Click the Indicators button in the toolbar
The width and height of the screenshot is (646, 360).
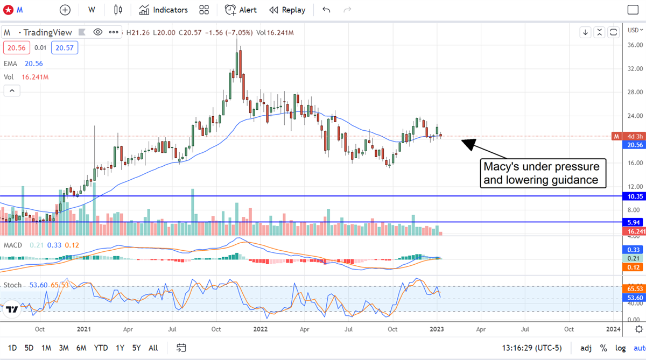tap(163, 10)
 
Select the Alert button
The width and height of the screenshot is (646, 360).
tap(241, 10)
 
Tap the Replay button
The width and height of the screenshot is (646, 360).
tap(287, 10)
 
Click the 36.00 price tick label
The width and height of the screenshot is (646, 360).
tap(635, 45)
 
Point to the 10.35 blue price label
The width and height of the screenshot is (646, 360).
tap(635, 196)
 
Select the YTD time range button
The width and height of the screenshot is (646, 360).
tap(101, 348)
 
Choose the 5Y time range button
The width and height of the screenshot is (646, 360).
tap(137, 348)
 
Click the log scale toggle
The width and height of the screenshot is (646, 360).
tap(621, 348)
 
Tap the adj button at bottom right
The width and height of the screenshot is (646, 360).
tap(586, 348)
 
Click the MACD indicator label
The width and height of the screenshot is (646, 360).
tap(13, 245)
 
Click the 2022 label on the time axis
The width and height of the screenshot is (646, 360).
tap(261, 328)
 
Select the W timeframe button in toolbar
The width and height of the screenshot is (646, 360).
tap(92, 10)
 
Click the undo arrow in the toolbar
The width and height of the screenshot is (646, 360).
tap(326, 10)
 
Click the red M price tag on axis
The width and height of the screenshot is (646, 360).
tap(616, 136)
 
